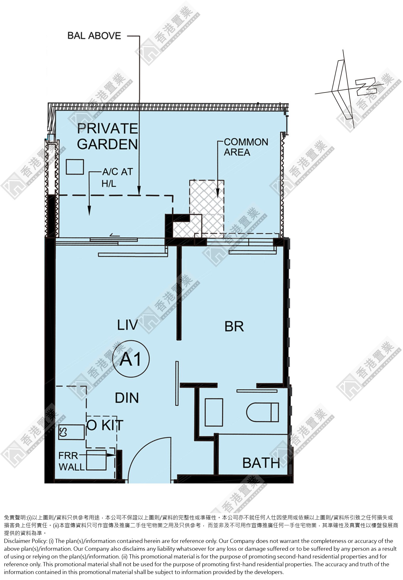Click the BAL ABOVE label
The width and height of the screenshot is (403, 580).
coord(94,36)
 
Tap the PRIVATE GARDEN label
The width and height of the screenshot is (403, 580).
coord(107,136)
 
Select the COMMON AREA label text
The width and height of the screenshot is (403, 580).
coord(246,147)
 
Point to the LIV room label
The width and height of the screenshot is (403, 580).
coord(127,325)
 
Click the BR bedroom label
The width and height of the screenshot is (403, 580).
coord(234,326)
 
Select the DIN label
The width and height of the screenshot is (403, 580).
coord(127,397)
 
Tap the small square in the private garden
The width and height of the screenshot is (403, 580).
coord(75,167)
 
